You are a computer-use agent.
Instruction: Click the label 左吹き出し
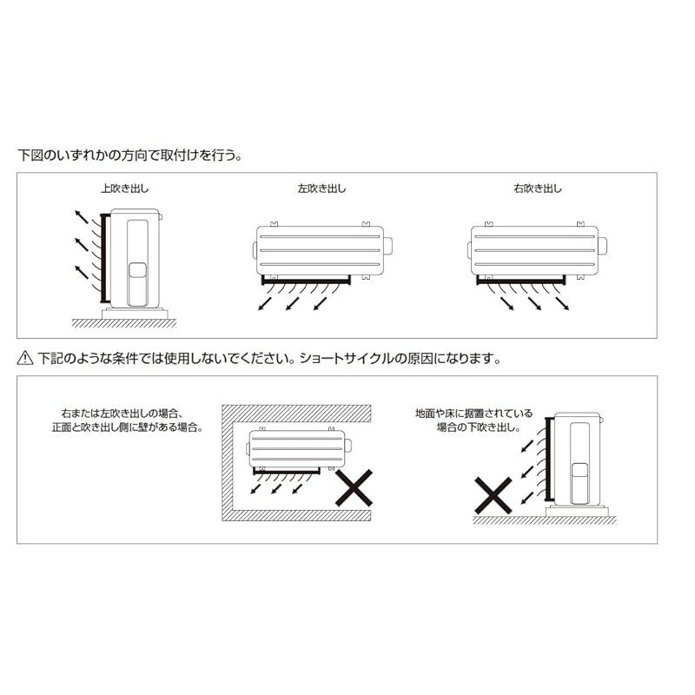tap(321, 189)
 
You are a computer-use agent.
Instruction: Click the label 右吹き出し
tap(537, 189)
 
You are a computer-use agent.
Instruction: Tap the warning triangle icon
tap(24, 358)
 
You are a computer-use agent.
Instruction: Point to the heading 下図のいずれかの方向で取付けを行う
tap(130, 156)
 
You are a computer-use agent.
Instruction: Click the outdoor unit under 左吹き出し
tap(321, 252)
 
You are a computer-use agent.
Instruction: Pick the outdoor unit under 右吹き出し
tap(537, 252)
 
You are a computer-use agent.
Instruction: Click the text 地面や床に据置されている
tap(474, 414)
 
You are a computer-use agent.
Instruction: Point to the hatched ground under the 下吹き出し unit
tap(545, 520)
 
